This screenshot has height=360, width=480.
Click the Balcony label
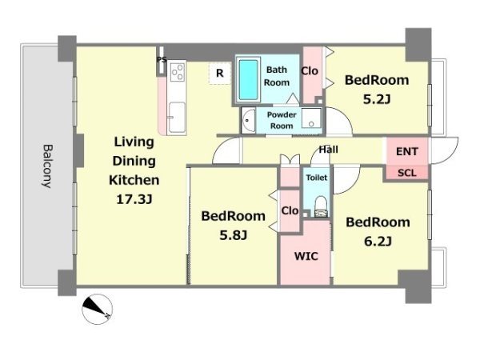(x=47, y=166)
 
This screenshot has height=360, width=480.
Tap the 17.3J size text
(x=134, y=199)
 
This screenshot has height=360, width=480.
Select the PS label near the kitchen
(x=162, y=59)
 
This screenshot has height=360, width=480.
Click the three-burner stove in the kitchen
(x=178, y=72)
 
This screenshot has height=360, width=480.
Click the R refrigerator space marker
(x=220, y=73)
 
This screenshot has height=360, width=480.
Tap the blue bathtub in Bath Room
(x=248, y=80)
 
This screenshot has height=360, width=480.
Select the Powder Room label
(x=282, y=120)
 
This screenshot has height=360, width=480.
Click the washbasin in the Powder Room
(x=249, y=120)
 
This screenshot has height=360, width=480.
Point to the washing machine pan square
(x=311, y=118)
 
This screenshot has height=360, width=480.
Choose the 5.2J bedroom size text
(x=377, y=99)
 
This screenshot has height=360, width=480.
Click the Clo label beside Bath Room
(x=310, y=71)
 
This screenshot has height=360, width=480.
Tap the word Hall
(x=329, y=150)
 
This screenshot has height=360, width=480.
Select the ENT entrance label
(x=407, y=151)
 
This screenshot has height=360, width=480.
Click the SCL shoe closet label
(x=407, y=174)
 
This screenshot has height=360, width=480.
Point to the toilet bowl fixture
(x=321, y=206)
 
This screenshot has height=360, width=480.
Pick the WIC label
(x=306, y=256)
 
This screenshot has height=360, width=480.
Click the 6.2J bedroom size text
(x=378, y=242)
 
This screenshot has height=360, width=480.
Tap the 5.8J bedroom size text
(x=234, y=235)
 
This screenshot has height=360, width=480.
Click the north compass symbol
(x=98, y=309)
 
